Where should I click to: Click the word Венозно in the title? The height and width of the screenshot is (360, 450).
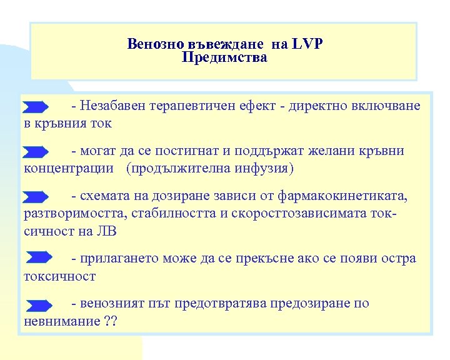[x=151, y=44]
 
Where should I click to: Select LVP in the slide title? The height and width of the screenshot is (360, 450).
[x=308, y=44]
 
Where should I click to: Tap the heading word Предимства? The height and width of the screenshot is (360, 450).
[x=224, y=58]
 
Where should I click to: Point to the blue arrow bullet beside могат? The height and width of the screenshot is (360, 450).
[x=36, y=151]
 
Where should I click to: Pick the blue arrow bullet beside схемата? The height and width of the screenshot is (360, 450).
[x=36, y=197]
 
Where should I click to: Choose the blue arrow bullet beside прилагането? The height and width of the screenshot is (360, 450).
[x=39, y=258]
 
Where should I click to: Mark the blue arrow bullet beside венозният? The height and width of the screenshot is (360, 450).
[x=39, y=304]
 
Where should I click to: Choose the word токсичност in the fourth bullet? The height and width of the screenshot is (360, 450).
[x=59, y=276]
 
